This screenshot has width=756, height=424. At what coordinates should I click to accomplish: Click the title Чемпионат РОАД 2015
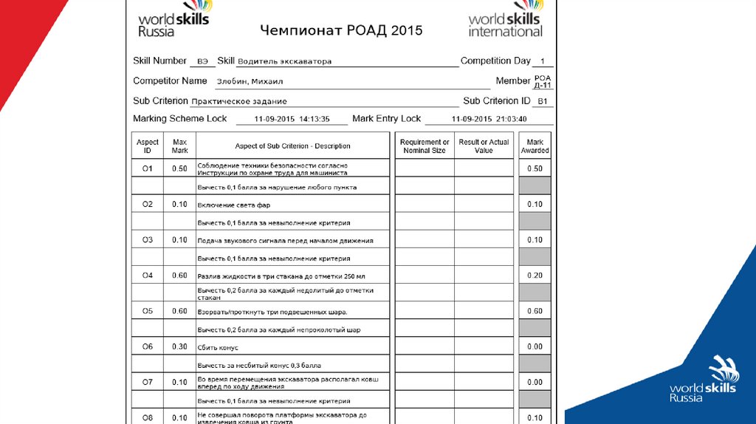coord(341,30)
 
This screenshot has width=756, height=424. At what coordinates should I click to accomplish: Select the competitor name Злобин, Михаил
coord(250,81)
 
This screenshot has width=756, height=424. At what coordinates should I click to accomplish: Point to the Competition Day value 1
coord(543,61)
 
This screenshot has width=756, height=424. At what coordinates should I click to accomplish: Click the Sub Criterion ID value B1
coord(543,101)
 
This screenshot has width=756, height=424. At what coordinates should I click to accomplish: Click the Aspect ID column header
coord(148,146)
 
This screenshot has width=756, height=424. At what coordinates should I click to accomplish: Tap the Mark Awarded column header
coord(535,146)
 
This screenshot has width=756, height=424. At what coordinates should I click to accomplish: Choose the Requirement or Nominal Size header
coord(425,146)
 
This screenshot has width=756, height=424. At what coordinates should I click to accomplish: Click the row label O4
coord(148,276)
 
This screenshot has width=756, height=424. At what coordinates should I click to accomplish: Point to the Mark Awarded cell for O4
coord(535,276)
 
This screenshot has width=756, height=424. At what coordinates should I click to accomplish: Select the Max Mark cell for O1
coord(179,168)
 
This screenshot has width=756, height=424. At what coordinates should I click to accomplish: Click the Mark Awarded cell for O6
coord(535,346)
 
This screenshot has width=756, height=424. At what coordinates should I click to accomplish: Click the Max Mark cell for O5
coord(179,311)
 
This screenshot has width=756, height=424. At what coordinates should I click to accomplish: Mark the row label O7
coord(148,382)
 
